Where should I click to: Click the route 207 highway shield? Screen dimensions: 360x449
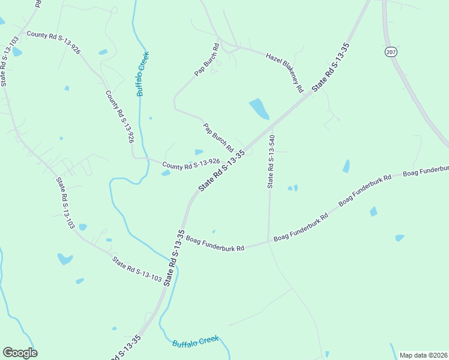pyautogui.click(x=391, y=52)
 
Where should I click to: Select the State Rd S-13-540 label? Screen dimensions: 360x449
pyautogui.click(x=271, y=161)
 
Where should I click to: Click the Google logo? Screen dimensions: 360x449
pyautogui.click(x=20, y=352)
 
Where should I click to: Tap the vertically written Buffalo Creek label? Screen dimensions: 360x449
pyautogui.click(x=142, y=74)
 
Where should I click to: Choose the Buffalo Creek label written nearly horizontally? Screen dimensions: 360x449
pyautogui.click(x=195, y=341)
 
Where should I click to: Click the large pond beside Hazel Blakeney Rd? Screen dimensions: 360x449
pyautogui.click(x=259, y=109)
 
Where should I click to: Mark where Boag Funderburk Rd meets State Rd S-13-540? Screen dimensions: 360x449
pyautogui.click(x=268, y=242)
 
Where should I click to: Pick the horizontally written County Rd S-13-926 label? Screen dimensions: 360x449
pyautogui.click(x=190, y=163)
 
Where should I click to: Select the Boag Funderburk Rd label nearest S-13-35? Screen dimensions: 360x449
pyautogui.click(x=215, y=244)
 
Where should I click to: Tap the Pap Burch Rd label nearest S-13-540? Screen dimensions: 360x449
pyautogui.click(x=218, y=137)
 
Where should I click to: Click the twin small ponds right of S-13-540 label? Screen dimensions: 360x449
pyautogui.click(x=292, y=188)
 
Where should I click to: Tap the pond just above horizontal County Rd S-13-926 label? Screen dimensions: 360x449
pyautogui.click(x=199, y=152)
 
